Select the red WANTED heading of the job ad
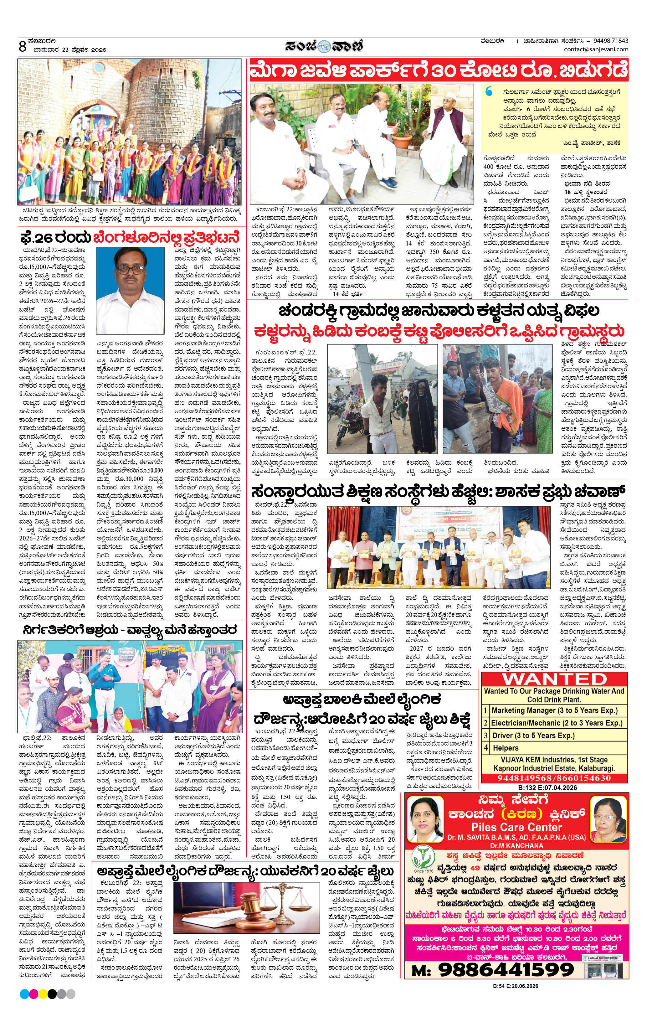[x=554, y=679]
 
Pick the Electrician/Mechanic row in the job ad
[x=556, y=723]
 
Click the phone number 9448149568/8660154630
[x=554, y=778]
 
